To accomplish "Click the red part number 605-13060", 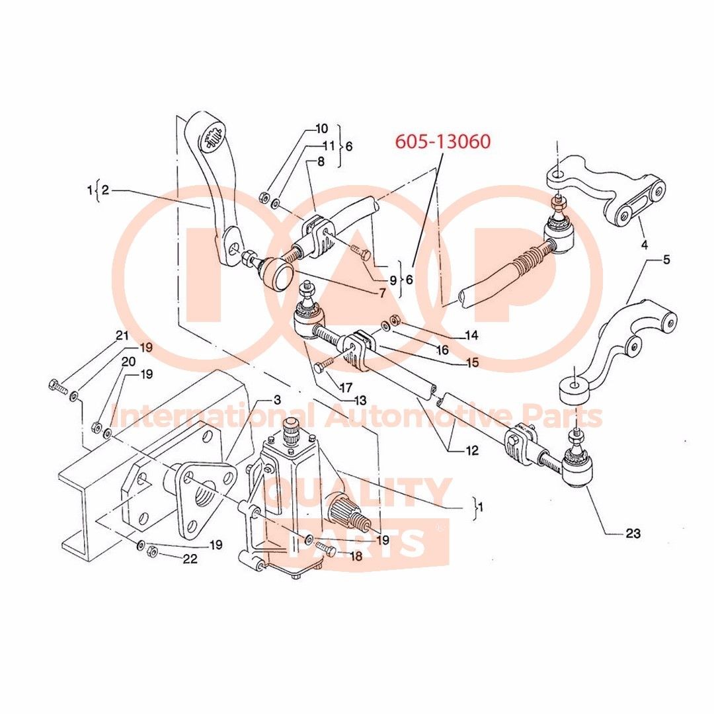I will click(x=442, y=141).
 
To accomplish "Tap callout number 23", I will click(x=633, y=533).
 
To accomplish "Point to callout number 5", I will click(x=666, y=260).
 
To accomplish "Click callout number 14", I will click(x=471, y=335).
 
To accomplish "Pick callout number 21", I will click(x=122, y=336).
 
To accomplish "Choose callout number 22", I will click(x=190, y=559).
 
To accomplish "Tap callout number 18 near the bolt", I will click(x=356, y=556).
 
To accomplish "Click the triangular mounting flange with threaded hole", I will click(x=202, y=493).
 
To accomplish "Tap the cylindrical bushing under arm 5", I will click(x=574, y=391).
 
